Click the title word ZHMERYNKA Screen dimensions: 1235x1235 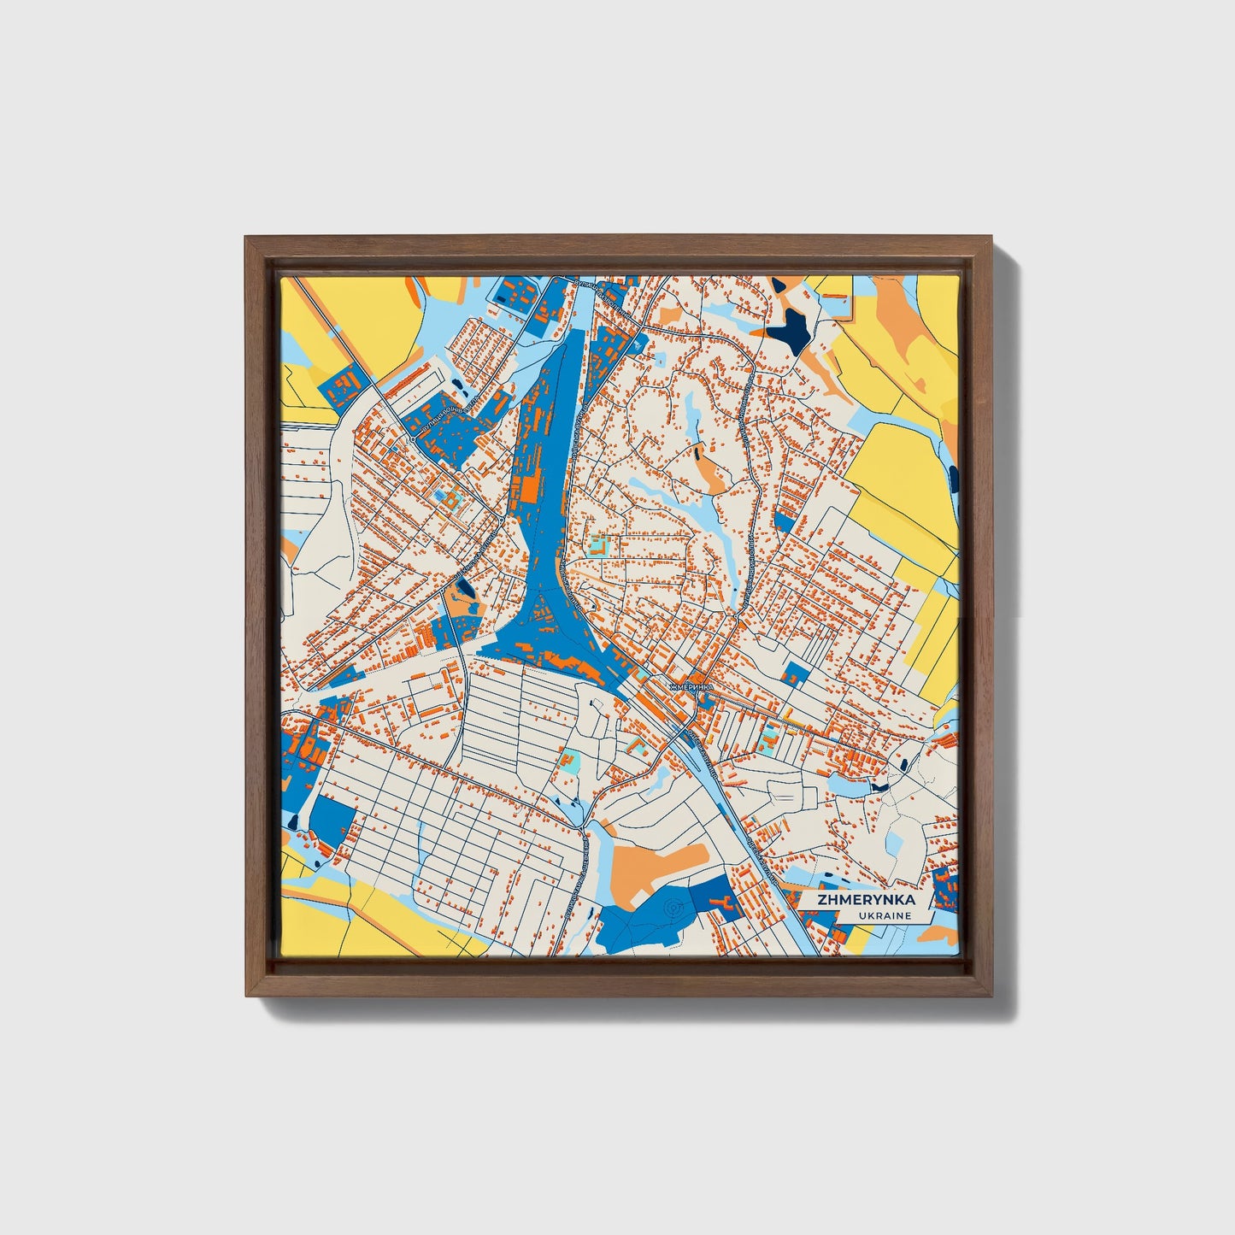point(866,900)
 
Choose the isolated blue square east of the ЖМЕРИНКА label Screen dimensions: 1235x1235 point(796,673)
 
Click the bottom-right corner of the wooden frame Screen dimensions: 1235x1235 point(993,997)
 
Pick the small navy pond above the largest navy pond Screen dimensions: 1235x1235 point(779,285)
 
